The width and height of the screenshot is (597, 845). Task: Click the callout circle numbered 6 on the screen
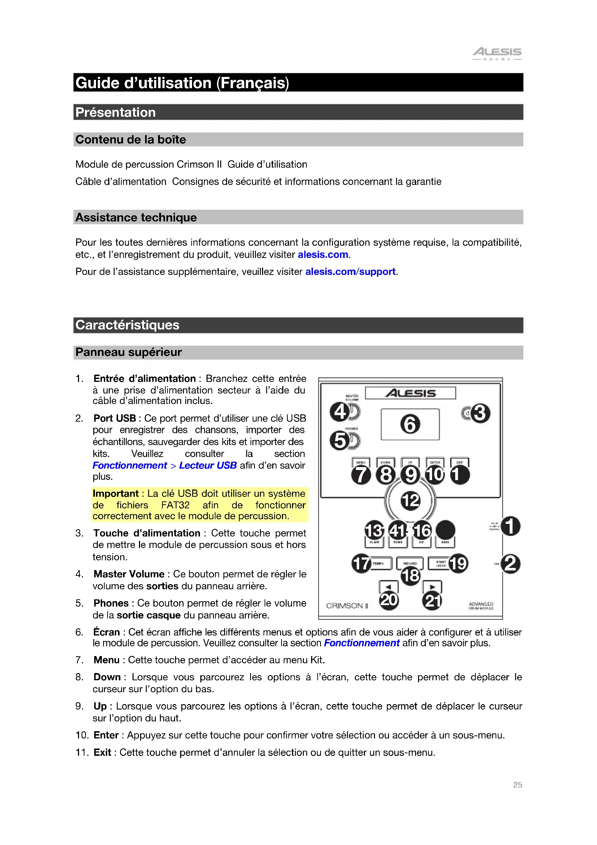[410, 424]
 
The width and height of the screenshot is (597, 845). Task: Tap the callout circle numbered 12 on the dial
[410, 500]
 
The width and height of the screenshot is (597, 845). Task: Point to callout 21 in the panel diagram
[432, 601]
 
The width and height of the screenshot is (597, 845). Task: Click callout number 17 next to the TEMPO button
[361, 564]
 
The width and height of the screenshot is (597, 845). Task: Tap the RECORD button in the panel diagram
[410, 563]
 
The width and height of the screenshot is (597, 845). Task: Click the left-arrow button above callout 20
[389, 586]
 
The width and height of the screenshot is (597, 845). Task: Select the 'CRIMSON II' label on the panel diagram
[347, 605]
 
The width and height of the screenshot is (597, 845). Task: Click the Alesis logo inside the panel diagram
[410, 393]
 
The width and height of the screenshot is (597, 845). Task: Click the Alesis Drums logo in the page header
[497, 53]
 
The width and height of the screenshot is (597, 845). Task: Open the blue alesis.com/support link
[350, 272]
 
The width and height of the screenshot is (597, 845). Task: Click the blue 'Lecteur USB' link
[208, 465]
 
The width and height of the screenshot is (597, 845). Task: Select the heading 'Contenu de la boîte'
[131, 139]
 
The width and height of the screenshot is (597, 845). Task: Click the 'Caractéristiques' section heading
[127, 325]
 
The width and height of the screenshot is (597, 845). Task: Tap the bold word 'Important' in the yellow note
[116, 493]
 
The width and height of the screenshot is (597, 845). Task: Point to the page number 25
[517, 785]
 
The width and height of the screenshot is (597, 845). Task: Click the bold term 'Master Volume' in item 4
[128, 574]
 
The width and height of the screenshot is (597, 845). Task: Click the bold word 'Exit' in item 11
[102, 752]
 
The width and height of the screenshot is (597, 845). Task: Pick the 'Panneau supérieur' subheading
[128, 352]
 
